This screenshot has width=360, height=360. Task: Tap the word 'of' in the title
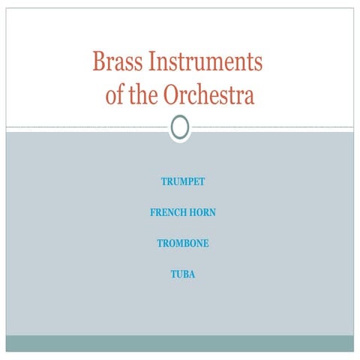pyautogui.click(x=114, y=95)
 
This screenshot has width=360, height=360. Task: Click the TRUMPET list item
pyautogui.click(x=183, y=181)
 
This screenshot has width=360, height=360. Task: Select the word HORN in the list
pyautogui.click(x=202, y=213)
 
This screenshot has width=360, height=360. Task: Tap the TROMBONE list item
pyautogui.click(x=183, y=244)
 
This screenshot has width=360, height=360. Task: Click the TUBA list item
pyautogui.click(x=183, y=274)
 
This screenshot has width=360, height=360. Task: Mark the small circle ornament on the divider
pyautogui.click(x=180, y=128)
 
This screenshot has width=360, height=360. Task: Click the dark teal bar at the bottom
pyautogui.click(x=180, y=343)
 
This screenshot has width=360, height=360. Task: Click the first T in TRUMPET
pyautogui.click(x=163, y=181)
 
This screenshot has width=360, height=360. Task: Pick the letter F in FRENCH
pyautogui.click(x=153, y=213)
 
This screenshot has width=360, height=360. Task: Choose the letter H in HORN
pyautogui.click(x=193, y=213)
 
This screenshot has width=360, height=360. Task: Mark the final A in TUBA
pyautogui.click(x=192, y=274)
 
